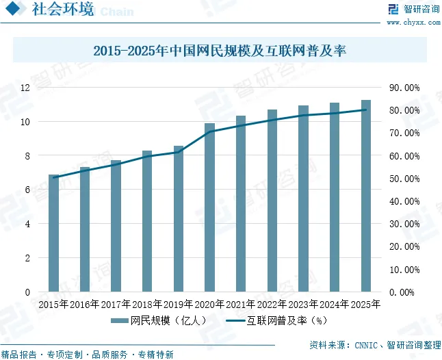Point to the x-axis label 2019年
tap(179, 304)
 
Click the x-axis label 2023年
tap(304, 304)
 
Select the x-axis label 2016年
tap(85, 304)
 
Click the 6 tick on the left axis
tap(27, 190)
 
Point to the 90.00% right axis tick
tap(403, 88)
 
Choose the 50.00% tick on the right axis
tap(403, 179)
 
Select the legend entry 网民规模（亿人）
tap(164, 320)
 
